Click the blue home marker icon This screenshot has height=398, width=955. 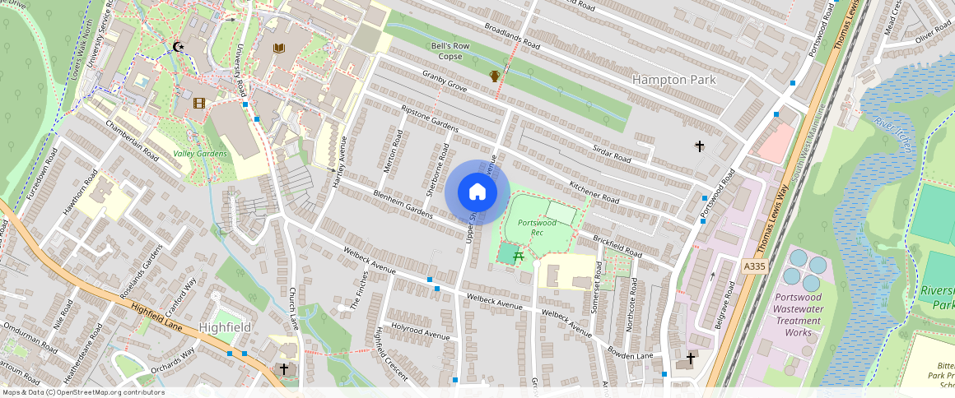[x=477, y=192]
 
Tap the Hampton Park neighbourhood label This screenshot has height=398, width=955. [x=673, y=80]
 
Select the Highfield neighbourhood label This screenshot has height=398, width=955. [x=225, y=327]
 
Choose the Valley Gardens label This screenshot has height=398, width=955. [x=199, y=154]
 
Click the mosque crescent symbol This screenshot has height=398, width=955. [x=177, y=48]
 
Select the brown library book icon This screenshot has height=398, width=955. [x=278, y=49]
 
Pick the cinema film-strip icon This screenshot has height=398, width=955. [x=198, y=103]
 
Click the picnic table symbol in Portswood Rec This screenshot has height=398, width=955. [x=519, y=257]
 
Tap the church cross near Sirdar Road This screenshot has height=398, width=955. [x=700, y=146]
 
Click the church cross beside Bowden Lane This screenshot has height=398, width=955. [x=690, y=359]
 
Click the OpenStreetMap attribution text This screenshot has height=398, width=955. [x=82, y=392]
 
